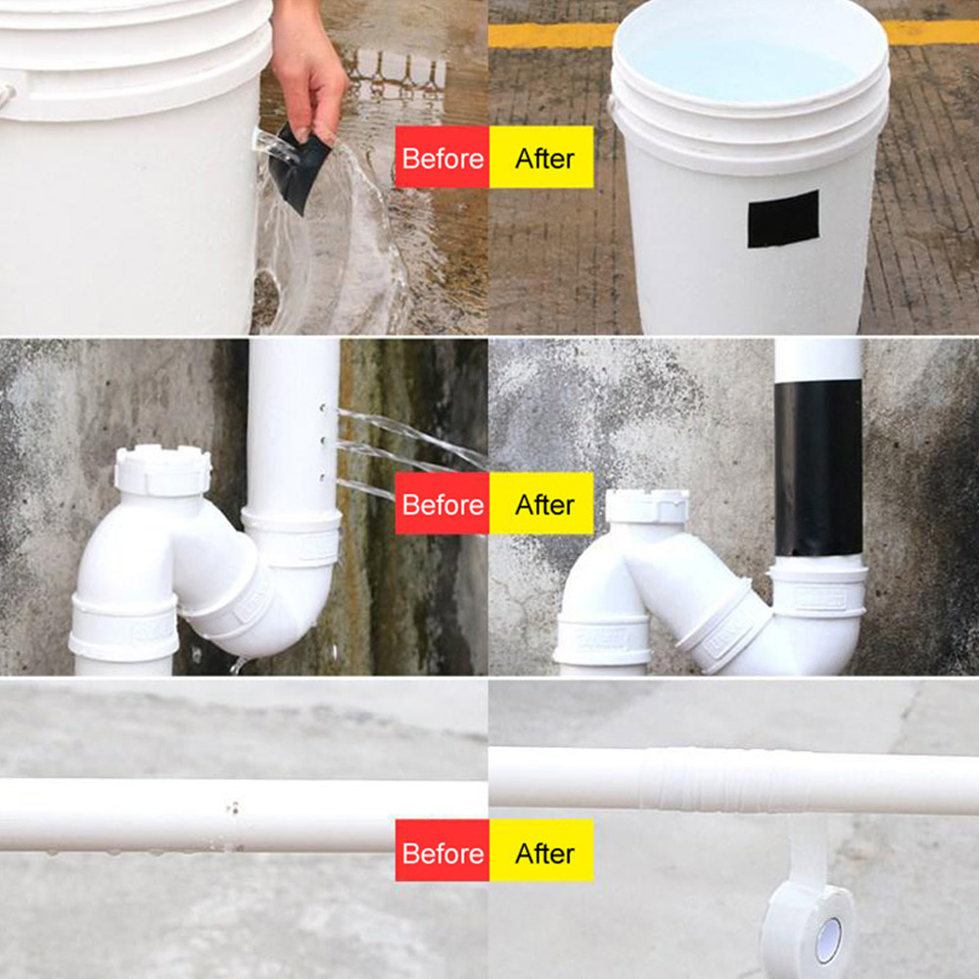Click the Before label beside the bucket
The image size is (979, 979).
pos(443,157)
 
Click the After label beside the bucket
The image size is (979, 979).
pos(541,157)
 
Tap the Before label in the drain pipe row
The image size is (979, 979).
pos(443,503)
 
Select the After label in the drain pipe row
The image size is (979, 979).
pos(541,503)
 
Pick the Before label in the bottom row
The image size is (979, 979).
pos(443,851)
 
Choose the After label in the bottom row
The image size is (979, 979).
pos(541,851)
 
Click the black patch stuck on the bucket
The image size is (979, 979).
pos(783,218)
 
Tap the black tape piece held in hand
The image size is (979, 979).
pos(299,168)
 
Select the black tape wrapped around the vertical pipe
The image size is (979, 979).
pos(817,468)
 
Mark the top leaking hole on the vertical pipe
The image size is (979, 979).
pos(323,408)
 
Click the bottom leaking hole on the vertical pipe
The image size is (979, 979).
pos(323,478)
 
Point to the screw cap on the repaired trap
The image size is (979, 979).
pos(647,506)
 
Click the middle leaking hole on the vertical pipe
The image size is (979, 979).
pos(323,442)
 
